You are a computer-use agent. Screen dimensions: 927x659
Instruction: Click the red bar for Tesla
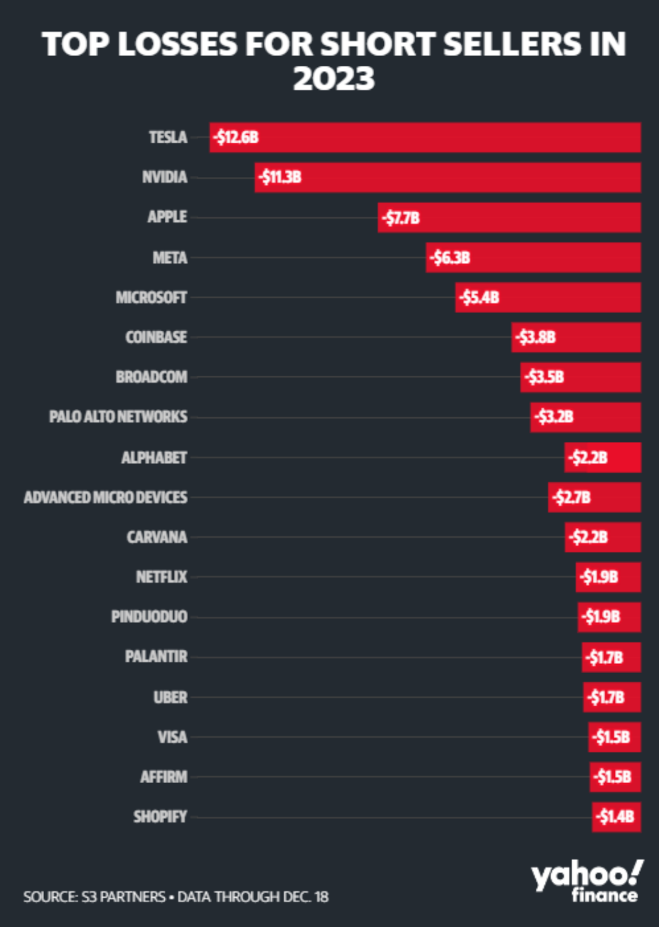(425, 137)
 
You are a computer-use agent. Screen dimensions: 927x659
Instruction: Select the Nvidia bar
(447, 177)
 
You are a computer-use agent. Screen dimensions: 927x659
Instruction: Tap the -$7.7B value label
(402, 218)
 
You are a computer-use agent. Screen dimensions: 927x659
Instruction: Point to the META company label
(170, 258)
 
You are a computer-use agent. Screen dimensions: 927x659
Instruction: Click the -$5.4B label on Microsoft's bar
(480, 297)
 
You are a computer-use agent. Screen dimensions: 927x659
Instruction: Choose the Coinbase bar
(576, 337)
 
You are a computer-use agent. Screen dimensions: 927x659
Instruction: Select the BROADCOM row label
(151, 377)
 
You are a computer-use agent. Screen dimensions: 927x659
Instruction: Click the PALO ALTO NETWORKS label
(118, 417)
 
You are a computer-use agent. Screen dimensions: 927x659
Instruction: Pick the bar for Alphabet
(602, 457)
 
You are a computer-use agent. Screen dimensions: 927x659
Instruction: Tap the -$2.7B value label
(572, 497)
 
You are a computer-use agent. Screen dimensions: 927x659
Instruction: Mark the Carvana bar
(602, 537)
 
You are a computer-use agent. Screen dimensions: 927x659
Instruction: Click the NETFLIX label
(161, 577)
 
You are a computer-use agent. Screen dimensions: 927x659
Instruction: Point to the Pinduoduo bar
(609, 617)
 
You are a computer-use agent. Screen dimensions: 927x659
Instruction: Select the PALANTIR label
(156, 657)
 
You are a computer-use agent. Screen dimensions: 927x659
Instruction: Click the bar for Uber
(611, 697)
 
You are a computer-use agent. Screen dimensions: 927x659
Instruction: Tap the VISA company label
(172, 737)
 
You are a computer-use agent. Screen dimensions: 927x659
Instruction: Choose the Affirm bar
(615, 777)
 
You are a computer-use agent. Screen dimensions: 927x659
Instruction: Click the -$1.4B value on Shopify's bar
(616, 817)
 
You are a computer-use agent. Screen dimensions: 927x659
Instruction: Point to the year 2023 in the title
(334, 79)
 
